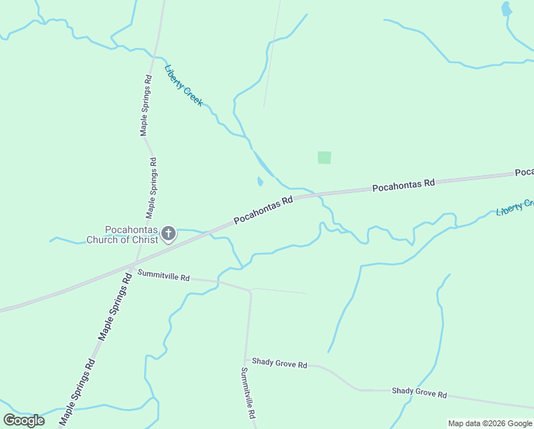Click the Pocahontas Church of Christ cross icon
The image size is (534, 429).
point(168,234)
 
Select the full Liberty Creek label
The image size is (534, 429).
point(183,86)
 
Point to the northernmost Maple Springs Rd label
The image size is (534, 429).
point(146,105)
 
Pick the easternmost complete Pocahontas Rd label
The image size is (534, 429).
point(403,184)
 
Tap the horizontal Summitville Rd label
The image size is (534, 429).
point(163,276)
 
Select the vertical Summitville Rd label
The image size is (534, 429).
point(248,393)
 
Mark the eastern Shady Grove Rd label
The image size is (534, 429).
point(418,393)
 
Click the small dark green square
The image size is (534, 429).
point(324,157)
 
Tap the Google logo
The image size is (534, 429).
point(24,420)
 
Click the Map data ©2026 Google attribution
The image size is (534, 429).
point(489,423)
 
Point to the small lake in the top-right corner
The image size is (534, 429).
point(506,9)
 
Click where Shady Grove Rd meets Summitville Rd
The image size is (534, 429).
point(247,360)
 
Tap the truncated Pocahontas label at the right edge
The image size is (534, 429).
point(524,173)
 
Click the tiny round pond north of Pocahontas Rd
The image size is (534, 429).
point(259,182)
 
